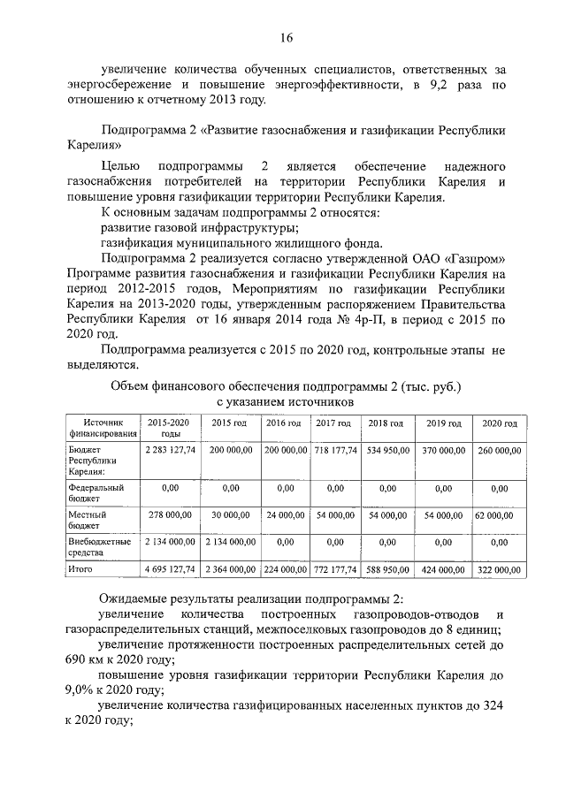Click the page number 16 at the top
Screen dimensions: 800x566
coord(286,37)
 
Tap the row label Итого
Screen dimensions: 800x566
coord(80,569)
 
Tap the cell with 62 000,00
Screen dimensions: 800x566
coord(499,514)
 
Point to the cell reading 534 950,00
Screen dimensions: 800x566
coord(388,450)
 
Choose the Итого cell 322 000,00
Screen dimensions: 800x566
coord(499,570)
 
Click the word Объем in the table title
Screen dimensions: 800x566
coord(130,385)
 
